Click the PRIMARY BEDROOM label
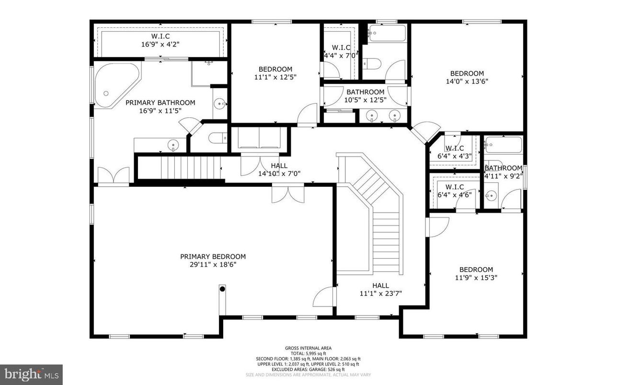point(213,257)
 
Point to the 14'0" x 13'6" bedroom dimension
point(467,81)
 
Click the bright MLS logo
point(31,372)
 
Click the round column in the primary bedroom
point(222,288)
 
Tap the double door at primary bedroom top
point(287,194)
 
